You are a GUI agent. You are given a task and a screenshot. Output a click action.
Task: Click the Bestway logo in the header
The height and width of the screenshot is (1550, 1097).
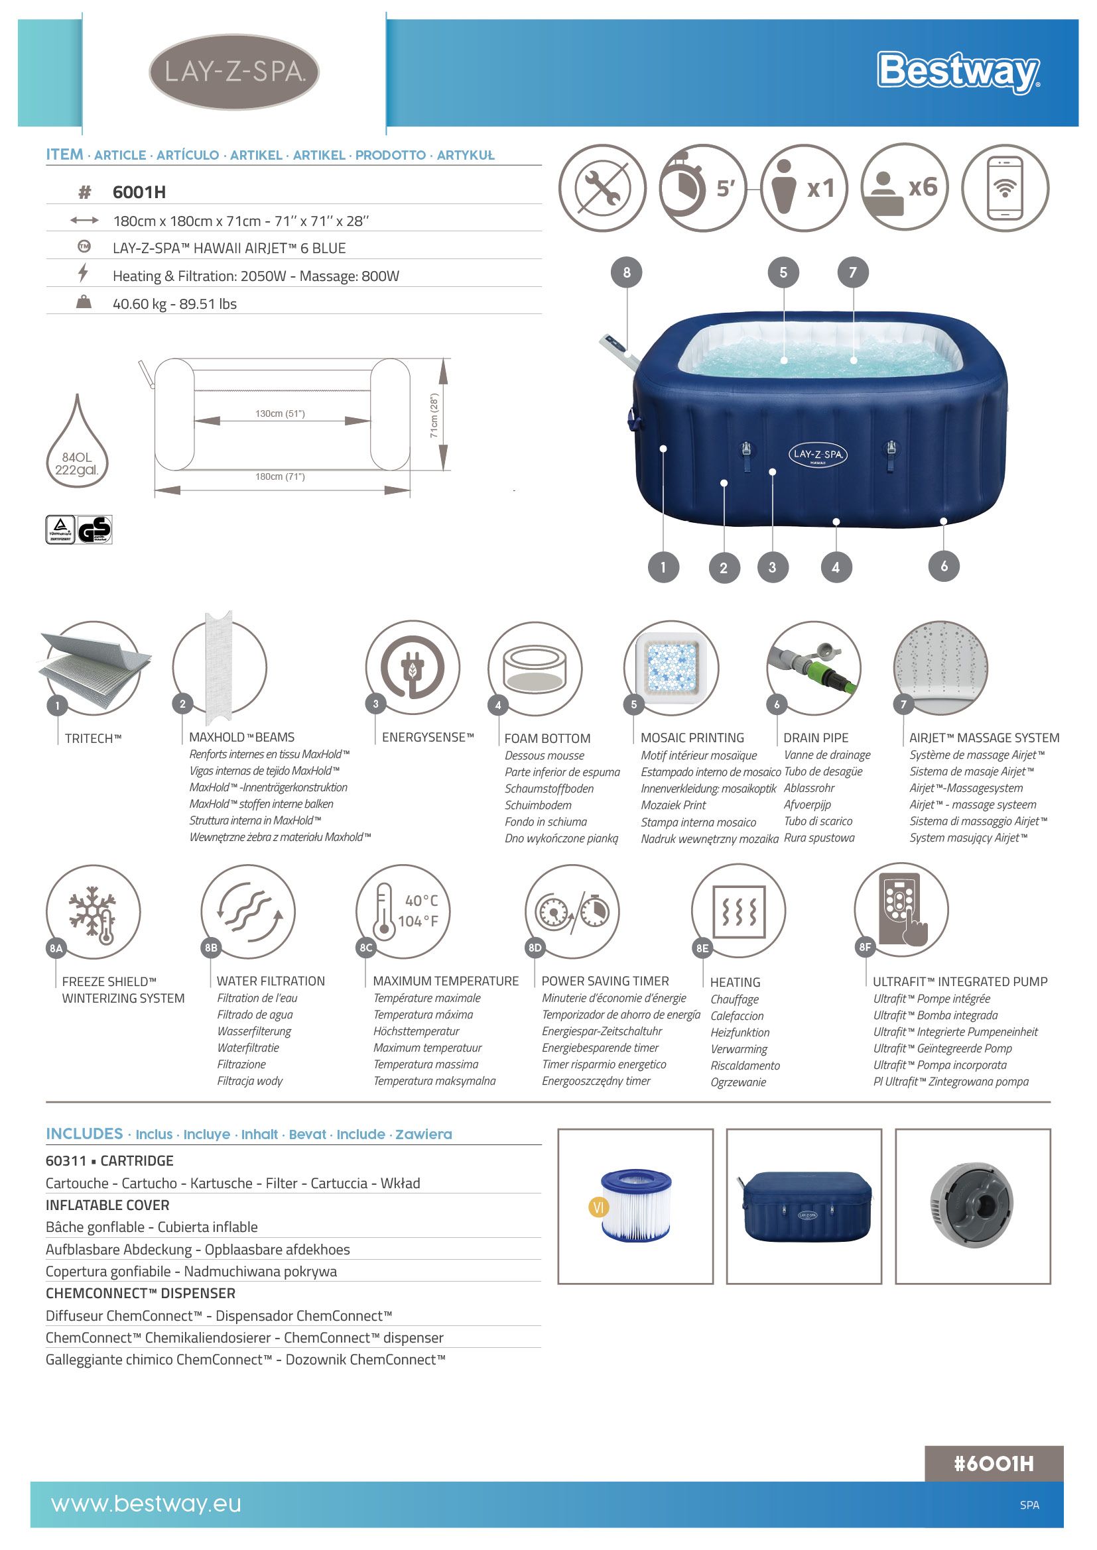click(958, 72)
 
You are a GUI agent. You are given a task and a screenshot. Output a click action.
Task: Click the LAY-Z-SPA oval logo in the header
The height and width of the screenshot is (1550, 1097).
click(233, 72)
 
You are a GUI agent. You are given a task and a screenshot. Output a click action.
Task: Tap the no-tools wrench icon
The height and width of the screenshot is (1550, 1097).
click(602, 187)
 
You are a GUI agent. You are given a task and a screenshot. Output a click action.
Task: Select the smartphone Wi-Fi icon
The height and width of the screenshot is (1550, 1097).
click(1005, 188)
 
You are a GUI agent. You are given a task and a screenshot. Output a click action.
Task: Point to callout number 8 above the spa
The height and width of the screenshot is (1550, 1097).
click(627, 273)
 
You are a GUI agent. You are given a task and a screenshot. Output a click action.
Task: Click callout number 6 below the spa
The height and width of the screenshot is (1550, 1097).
click(944, 567)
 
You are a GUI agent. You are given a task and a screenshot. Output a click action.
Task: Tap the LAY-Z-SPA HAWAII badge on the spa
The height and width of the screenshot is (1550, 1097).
click(817, 455)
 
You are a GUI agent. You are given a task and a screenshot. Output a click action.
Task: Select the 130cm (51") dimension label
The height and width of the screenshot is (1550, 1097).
click(280, 414)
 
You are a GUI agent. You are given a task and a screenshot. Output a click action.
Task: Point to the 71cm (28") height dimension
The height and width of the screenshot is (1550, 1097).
click(434, 415)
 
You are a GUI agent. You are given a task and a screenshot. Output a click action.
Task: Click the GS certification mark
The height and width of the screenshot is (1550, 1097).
click(95, 530)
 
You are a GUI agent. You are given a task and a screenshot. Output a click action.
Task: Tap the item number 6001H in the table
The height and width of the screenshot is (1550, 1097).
click(139, 192)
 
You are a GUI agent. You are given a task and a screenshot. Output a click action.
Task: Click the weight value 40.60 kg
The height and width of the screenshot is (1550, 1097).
click(140, 304)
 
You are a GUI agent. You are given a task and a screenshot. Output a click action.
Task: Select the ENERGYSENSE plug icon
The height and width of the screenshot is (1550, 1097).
click(413, 668)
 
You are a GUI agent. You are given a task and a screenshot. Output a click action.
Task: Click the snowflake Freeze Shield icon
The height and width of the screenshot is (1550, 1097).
click(94, 912)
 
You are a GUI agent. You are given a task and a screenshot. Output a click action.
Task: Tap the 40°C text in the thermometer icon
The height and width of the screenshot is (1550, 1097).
click(422, 901)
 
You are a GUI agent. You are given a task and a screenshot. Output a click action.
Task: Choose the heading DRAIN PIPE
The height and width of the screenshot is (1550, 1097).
click(816, 738)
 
